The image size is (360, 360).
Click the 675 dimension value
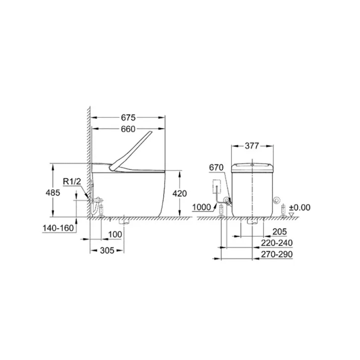point(128,117)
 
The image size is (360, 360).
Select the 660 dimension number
point(128,129)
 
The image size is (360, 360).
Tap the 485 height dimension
point(53,192)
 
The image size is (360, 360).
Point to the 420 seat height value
point(180,193)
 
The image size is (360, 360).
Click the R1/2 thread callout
point(72,181)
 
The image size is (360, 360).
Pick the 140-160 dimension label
point(58,228)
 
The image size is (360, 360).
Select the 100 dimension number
point(115,234)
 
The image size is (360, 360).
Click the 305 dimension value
point(107,250)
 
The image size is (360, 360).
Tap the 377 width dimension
point(252,146)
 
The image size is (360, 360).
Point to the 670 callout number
point(216,168)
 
